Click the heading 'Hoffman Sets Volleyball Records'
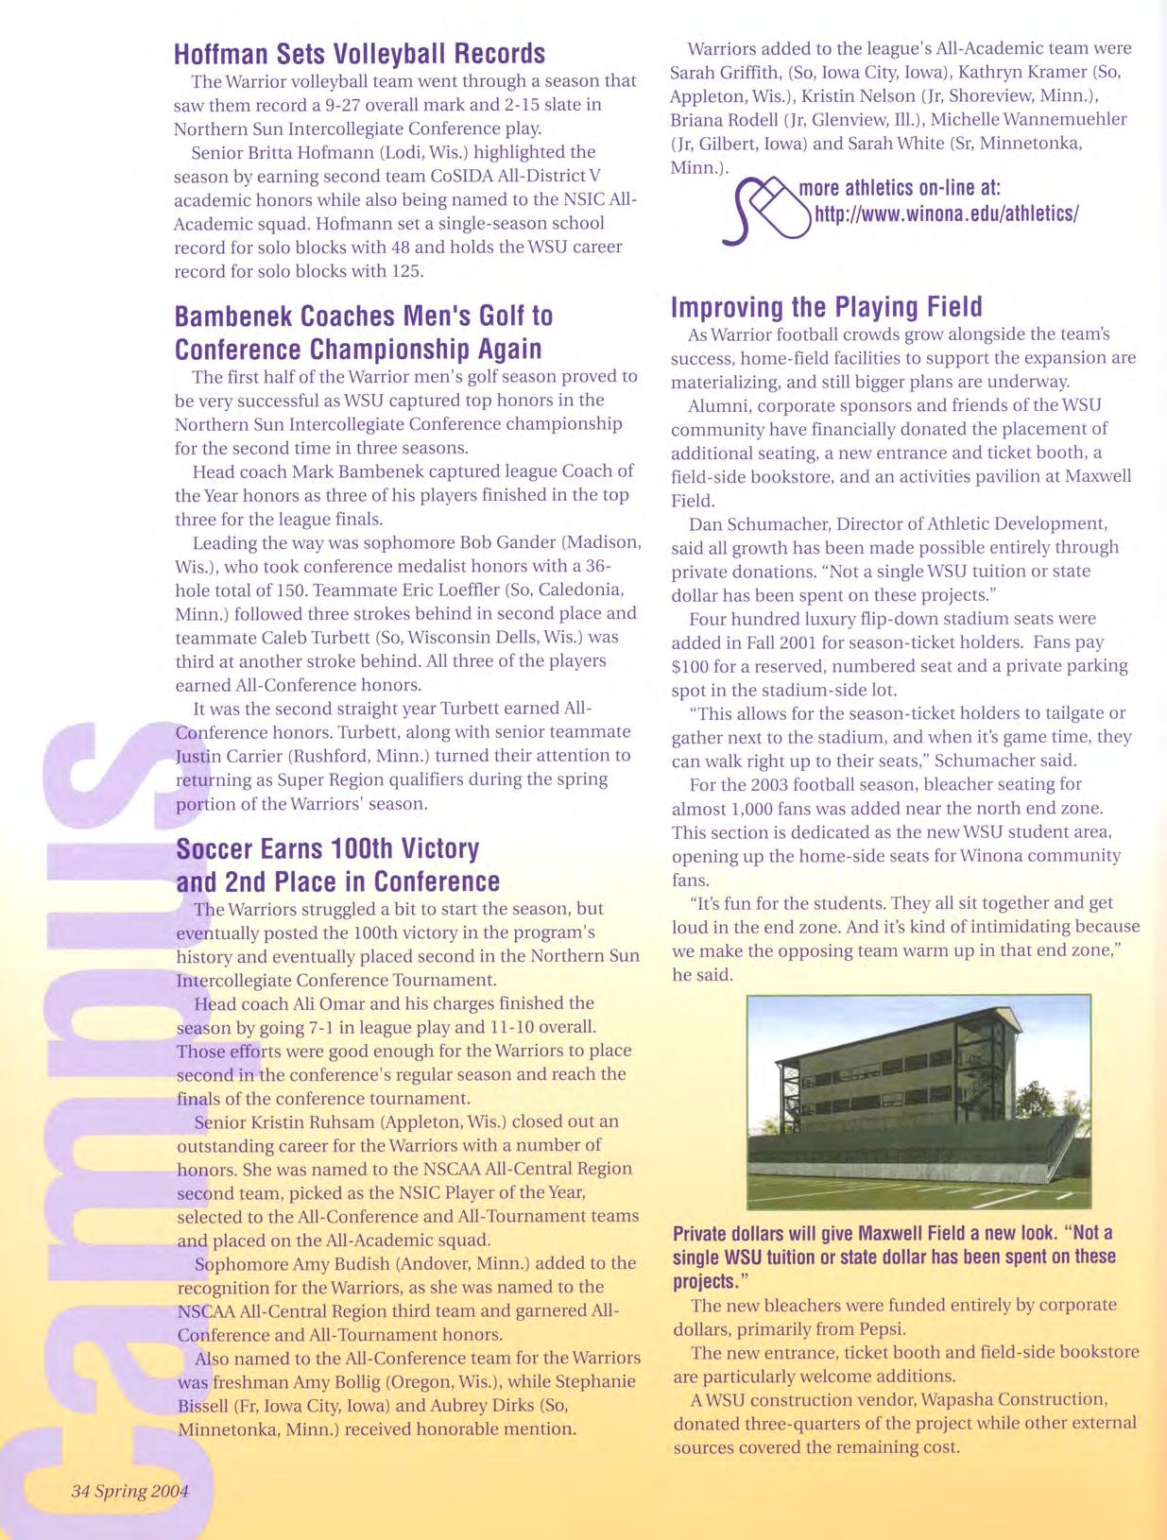[x=359, y=54]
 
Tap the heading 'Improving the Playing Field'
[x=826, y=307]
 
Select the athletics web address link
[x=946, y=214]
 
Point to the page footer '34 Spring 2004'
[x=129, y=1491]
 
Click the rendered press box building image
[x=918, y=1101]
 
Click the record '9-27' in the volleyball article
[x=436, y=105]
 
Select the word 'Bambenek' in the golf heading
[x=231, y=316]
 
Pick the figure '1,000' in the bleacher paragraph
[x=756, y=809]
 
